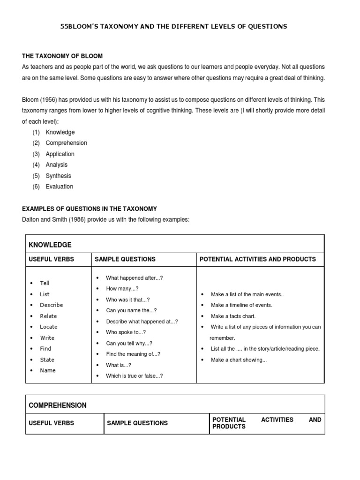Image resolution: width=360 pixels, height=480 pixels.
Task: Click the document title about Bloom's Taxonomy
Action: point(173,27)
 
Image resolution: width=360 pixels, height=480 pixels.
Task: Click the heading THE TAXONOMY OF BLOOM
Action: point(62,56)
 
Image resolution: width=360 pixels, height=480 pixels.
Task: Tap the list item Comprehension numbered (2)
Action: point(66,143)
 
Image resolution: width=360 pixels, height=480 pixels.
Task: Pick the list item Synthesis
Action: point(58,176)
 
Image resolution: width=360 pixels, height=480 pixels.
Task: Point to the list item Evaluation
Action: point(59,187)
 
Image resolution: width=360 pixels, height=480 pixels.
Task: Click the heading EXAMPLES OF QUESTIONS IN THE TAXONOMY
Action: point(89,209)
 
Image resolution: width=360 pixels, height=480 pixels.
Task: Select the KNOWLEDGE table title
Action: point(50,245)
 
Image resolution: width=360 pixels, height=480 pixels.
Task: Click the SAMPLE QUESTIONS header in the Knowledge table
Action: point(125,259)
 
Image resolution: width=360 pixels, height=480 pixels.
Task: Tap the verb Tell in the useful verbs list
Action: point(45,283)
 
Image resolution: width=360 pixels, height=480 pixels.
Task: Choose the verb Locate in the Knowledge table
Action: point(49,327)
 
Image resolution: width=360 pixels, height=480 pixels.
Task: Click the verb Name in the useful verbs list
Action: point(47,370)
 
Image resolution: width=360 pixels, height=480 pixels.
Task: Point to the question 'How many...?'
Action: point(122,289)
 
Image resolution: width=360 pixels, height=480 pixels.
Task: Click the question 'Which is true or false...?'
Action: point(135,376)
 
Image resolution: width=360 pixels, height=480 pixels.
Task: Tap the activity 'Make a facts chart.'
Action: point(233,316)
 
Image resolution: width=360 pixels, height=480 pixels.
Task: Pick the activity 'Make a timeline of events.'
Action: point(241,305)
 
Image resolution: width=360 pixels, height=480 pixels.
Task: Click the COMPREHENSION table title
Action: point(58,405)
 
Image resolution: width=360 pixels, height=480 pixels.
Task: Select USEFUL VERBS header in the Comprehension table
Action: point(52,423)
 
